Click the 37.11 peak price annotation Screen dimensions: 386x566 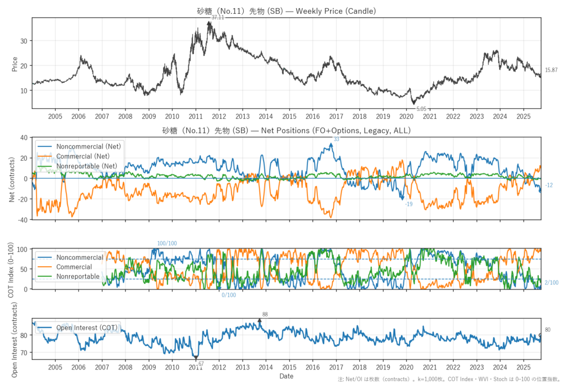point(218,18)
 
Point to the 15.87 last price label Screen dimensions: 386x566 point(551,70)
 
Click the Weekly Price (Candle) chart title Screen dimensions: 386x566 point(286,11)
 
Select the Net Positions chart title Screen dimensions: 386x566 point(286,131)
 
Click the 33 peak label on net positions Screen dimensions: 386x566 point(336,139)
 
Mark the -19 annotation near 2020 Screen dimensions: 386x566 point(408,204)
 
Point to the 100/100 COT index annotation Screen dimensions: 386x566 point(167,244)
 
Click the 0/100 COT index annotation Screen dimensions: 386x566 point(229,295)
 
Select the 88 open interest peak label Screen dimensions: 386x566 point(265,314)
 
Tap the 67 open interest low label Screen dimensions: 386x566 point(201,363)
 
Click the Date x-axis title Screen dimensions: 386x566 point(286,376)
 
